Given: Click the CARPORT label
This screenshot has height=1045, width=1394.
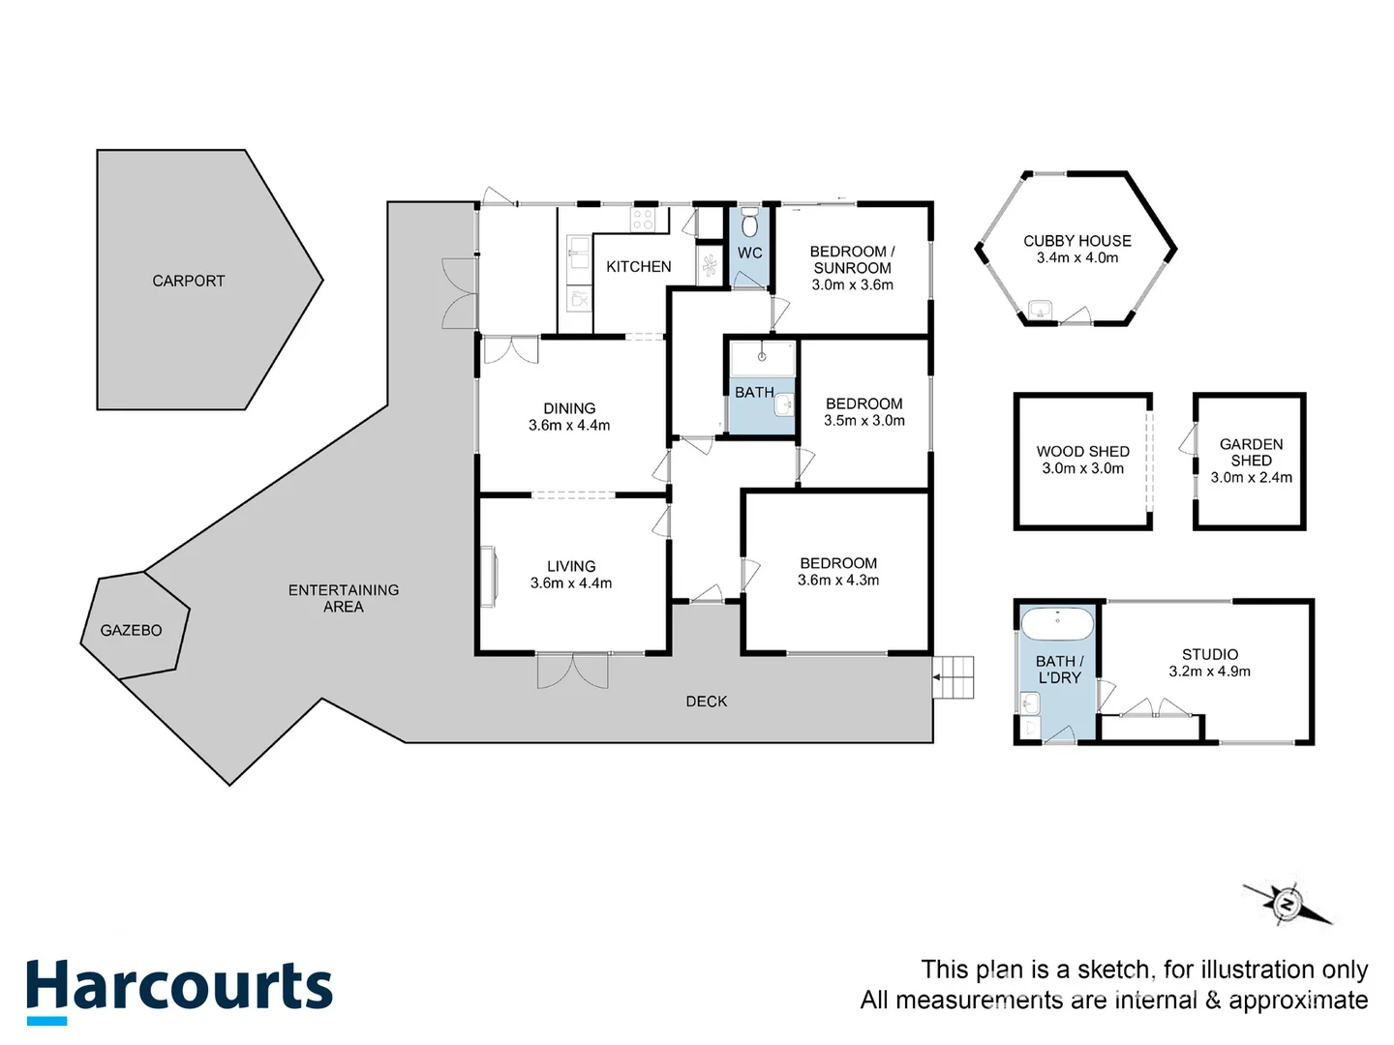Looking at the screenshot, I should click(189, 281).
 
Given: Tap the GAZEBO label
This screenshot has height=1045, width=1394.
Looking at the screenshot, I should click(132, 630).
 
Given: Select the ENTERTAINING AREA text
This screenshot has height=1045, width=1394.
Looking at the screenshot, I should click(344, 598).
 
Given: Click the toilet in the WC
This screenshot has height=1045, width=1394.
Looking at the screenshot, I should click(749, 224).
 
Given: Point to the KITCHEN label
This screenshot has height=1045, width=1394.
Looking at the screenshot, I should click(638, 266).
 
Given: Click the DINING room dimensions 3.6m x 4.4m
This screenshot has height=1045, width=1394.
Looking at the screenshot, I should click(569, 426).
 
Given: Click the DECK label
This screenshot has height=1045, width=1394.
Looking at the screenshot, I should click(707, 702).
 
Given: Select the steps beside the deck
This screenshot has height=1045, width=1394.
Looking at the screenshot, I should click(955, 677).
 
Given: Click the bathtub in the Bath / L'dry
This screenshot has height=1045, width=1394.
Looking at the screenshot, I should click(1058, 624).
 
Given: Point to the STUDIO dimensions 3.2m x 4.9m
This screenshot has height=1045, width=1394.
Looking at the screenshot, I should click(1210, 672).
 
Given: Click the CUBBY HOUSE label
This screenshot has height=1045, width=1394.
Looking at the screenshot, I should click(1077, 241).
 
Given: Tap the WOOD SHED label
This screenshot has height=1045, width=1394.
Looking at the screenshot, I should click(1083, 451).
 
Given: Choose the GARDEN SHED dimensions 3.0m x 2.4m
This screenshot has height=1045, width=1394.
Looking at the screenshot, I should click(1251, 478).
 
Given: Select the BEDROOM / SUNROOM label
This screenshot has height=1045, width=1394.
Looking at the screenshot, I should click(853, 259).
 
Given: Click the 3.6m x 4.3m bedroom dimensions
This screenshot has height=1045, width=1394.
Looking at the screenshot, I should click(838, 581).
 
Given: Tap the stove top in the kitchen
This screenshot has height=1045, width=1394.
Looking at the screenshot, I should click(643, 220).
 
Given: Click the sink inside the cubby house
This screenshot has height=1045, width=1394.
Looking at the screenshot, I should click(1040, 311).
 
